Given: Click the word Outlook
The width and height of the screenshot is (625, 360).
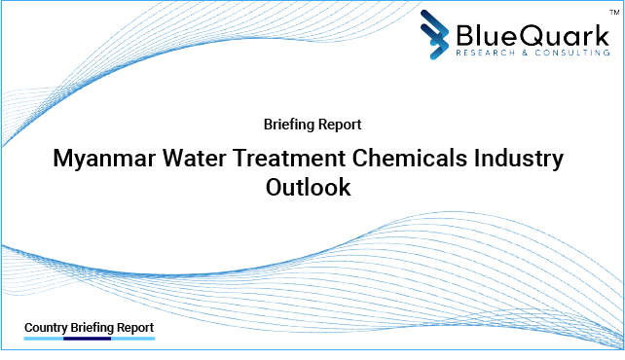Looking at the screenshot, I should coord(309,188).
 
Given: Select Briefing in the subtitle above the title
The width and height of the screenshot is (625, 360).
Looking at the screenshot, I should coord(289,125).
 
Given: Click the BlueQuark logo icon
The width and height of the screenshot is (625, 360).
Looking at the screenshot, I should coord(435,34).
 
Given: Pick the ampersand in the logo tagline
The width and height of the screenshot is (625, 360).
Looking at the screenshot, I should coord(515,53).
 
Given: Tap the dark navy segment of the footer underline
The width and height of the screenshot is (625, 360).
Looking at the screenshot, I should coord(88,339).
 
